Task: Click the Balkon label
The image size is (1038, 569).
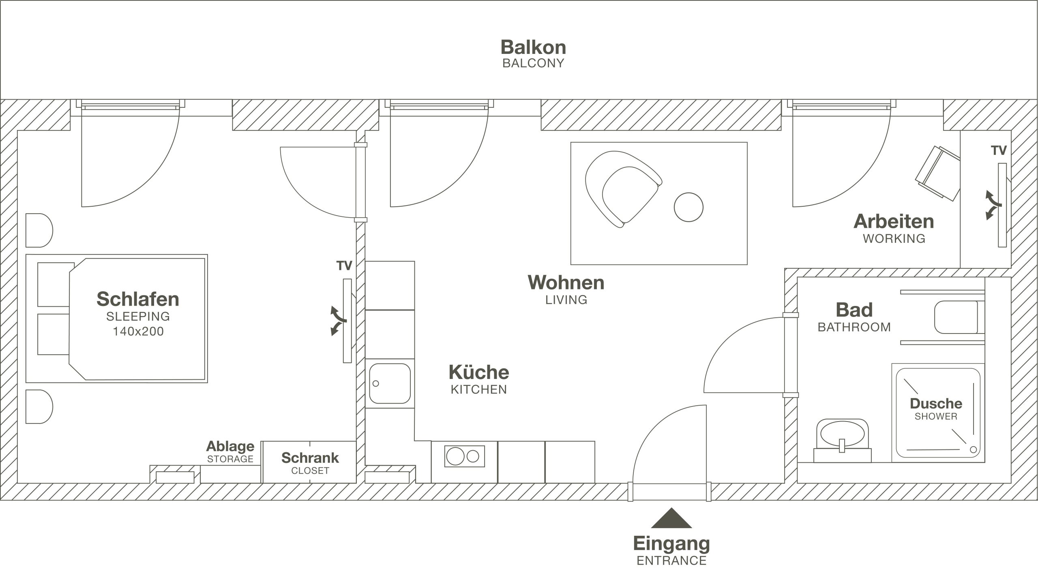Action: coord(533,47)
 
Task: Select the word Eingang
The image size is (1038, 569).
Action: coord(671,544)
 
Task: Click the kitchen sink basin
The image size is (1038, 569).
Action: coord(390,383)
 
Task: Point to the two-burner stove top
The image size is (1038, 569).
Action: coord(465,456)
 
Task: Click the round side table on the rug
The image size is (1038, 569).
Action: coord(688,207)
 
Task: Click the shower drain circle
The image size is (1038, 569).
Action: coord(973,449)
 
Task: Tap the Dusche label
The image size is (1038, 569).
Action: coord(936,403)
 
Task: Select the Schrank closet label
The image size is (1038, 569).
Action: coord(310,458)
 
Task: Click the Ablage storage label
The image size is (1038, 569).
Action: coord(230,446)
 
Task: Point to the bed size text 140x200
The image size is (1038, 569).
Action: coord(138,332)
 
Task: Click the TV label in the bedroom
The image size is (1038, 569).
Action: coord(344,266)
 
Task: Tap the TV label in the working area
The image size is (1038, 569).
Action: coord(999,151)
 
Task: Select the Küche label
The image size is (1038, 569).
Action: coord(479,372)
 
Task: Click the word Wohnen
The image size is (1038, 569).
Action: coord(566,282)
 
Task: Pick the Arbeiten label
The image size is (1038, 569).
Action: coord(894,221)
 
